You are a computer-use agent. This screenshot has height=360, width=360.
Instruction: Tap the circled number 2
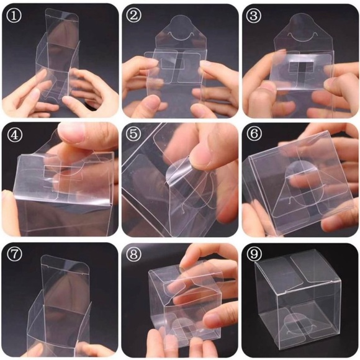[135, 16]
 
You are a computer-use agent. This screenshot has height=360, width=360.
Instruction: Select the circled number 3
[254, 16]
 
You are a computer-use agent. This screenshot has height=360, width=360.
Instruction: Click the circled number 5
[135, 135]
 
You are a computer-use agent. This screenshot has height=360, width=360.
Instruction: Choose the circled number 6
[254, 135]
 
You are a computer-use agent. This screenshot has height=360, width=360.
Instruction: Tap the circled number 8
[135, 254]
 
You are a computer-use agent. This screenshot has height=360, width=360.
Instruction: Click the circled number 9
[254, 254]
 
